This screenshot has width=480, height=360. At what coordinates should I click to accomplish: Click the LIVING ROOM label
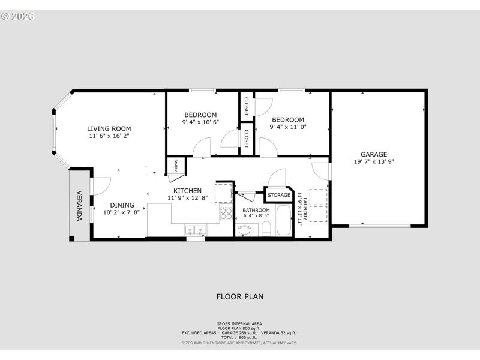pyautogui.click(x=109, y=128)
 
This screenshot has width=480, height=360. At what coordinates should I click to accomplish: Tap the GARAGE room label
pyautogui.click(x=373, y=154)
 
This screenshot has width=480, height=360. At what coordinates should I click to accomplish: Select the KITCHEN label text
pyautogui.click(x=187, y=191)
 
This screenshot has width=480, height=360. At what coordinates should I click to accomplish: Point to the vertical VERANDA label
pyautogui.click(x=79, y=206)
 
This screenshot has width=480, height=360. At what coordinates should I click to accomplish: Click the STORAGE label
pyautogui.click(x=279, y=195)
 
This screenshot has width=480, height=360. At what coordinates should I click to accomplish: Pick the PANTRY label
pyautogui.click(x=176, y=164)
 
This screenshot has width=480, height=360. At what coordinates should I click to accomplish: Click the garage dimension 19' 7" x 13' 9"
pyautogui.click(x=373, y=161)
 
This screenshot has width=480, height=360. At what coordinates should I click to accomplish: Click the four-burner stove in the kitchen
pyautogui.click(x=226, y=214)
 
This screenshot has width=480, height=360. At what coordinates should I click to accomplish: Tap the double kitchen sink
pyautogui.click(x=196, y=230)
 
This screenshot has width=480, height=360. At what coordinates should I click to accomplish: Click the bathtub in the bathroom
pyautogui.click(x=283, y=221)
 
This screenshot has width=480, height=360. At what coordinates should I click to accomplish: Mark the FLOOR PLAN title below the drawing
pyautogui.click(x=239, y=296)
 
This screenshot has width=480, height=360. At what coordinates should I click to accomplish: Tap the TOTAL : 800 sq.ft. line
pyautogui.click(x=239, y=337)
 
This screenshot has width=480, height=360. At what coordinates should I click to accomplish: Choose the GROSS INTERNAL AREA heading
pyautogui.click(x=239, y=323)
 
